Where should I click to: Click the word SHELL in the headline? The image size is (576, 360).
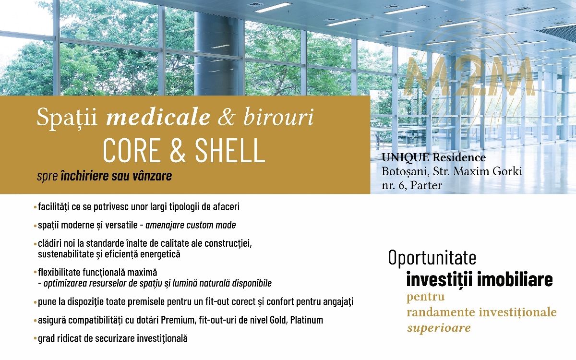tap(230, 150)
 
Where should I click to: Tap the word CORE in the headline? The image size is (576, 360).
tap(131, 150)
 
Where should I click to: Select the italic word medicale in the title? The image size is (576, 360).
tap(158, 117)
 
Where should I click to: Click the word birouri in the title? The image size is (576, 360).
tap(278, 117)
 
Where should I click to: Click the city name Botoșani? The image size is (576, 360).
tap(406, 171)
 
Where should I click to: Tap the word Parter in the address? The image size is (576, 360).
tap(426, 185)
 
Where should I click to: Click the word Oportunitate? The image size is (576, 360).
tap(432, 257)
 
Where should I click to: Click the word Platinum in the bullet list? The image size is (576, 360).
tap(307, 320)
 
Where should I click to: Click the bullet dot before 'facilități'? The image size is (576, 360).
tap(35, 207)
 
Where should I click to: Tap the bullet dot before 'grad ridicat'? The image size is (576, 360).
tap(35, 339)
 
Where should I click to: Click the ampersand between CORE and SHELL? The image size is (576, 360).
tap(178, 150)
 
